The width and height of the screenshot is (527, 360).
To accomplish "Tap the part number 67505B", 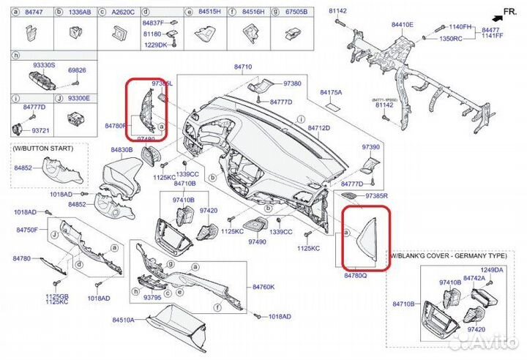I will (296, 12).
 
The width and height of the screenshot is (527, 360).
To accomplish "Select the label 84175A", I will (331, 93).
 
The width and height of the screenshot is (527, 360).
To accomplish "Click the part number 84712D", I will (318, 128).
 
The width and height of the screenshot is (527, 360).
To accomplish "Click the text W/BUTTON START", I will (43, 149).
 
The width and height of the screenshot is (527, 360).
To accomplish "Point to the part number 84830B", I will (122, 149).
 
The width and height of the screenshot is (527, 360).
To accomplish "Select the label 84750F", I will (25, 230).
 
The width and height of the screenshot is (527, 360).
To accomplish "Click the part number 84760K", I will (263, 287).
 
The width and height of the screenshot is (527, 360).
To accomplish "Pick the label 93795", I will (152, 298).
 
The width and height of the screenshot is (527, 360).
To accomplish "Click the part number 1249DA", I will (491, 271).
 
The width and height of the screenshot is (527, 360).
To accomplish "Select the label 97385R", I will (375, 196).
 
